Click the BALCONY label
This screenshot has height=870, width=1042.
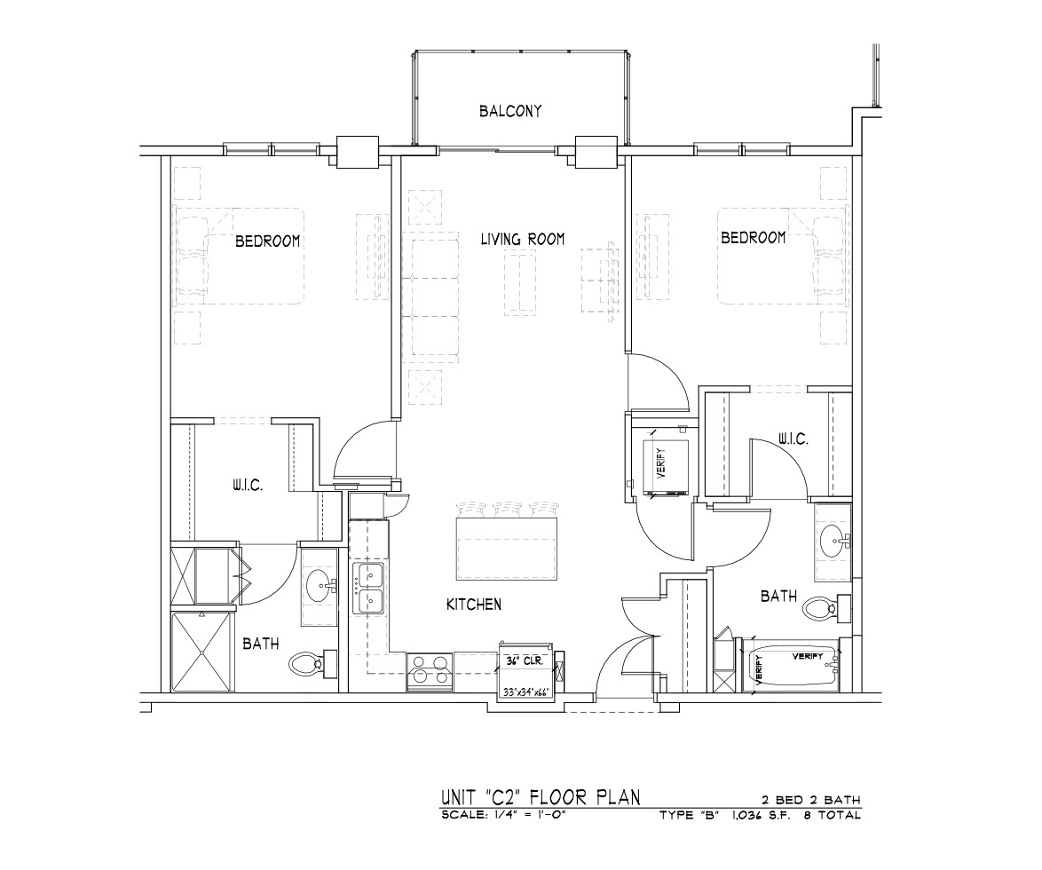coord(510,111)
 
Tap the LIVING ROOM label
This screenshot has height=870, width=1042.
coord(523,239)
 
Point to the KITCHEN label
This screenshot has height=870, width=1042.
coord(474,605)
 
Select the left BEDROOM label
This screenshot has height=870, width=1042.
coord(268,241)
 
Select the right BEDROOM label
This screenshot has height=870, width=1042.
coord(754,237)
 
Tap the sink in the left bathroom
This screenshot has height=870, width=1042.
coord(321,585)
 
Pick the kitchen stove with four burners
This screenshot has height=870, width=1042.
coord(430,671)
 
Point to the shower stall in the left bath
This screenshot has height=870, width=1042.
coord(202,652)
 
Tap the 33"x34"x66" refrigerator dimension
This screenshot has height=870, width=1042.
coord(525,692)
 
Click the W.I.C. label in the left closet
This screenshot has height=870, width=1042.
coord(248,486)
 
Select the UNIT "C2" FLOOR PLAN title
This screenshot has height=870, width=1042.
coord(541,796)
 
